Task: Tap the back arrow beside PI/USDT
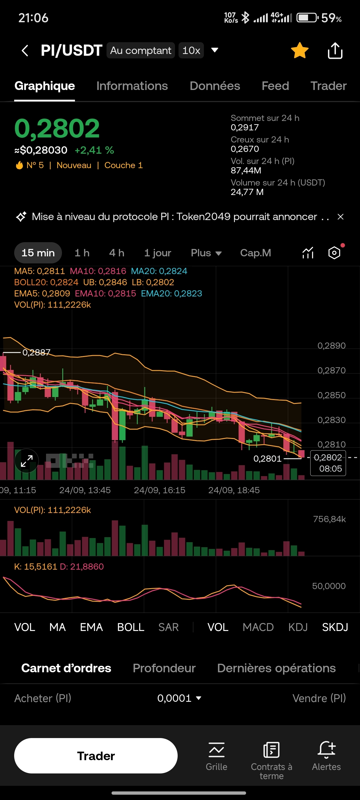[25, 50]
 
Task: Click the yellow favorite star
[300, 50]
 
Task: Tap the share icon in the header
[335, 51]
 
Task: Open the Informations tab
[132, 86]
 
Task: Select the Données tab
[215, 86]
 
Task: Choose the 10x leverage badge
[191, 50]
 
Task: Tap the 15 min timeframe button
[38, 253]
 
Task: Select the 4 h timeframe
[117, 253]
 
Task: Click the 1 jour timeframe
[158, 253]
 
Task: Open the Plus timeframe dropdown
[206, 253]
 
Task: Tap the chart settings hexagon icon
[334, 253]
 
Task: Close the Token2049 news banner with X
[341, 217]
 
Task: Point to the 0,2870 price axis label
[331, 370]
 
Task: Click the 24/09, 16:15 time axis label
[159, 490]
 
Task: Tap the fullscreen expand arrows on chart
[27, 461]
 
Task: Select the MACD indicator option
[258, 627]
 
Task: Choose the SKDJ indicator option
[335, 627]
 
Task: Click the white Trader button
[96, 755]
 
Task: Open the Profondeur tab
[164, 668]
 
